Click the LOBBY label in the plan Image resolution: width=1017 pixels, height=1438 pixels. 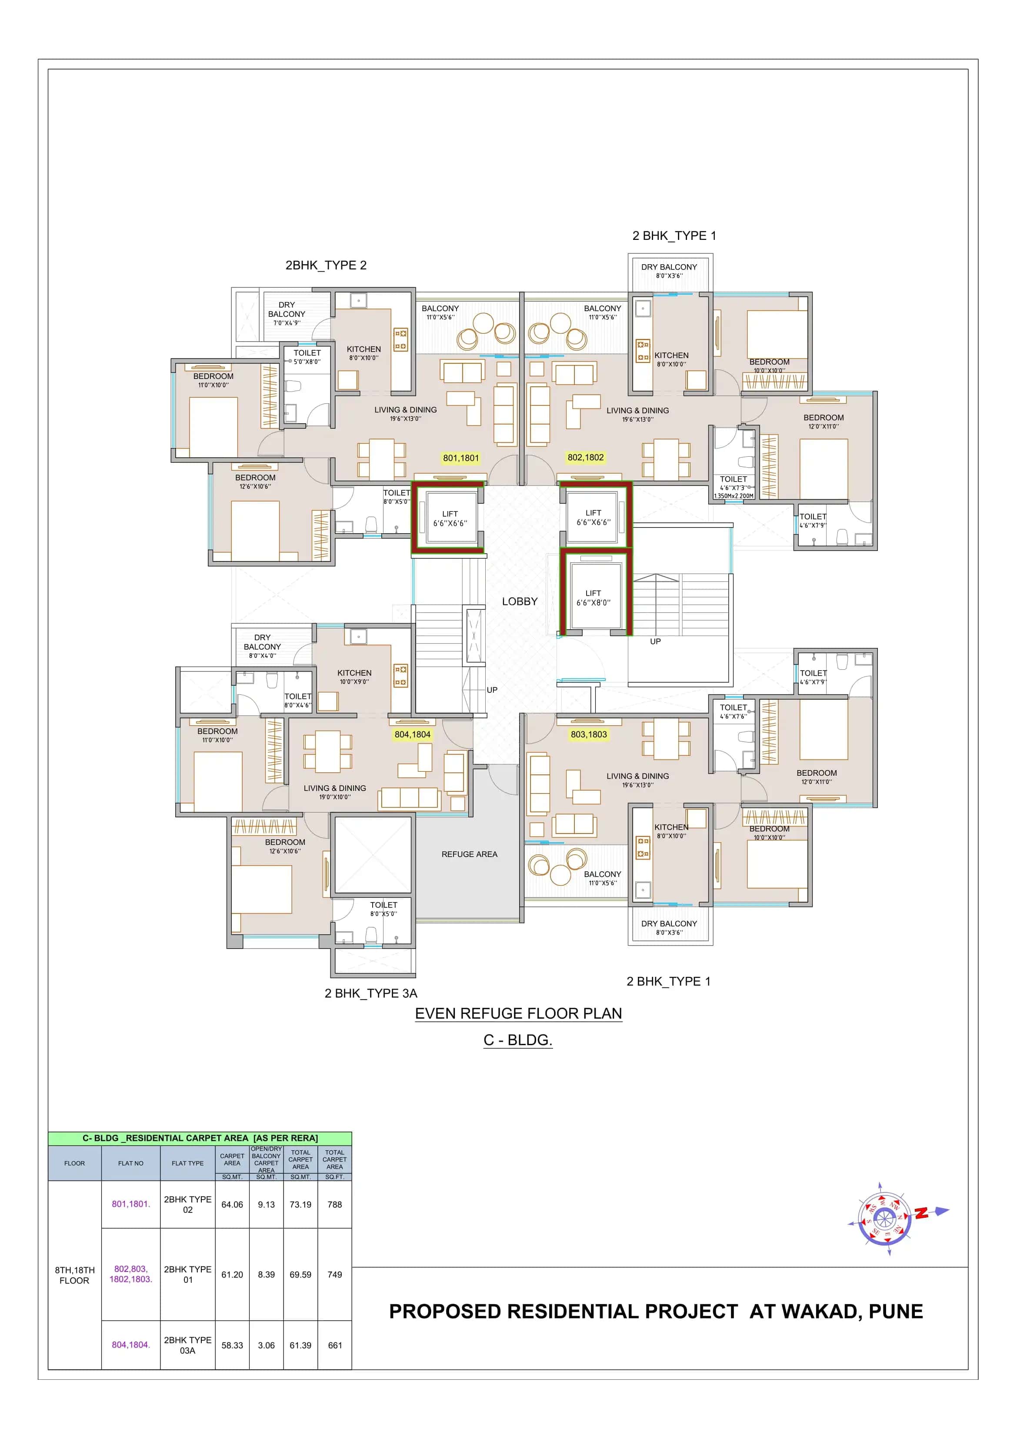pyautogui.click(x=520, y=601)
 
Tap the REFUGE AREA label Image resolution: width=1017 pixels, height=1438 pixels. pyautogui.click(x=469, y=854)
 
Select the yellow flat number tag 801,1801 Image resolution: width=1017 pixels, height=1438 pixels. pyautogui.click(x=460, y=458)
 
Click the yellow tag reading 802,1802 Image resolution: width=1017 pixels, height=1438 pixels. pyautogui.click(x=585, y=457)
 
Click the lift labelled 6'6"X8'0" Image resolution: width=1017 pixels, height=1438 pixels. pyautogui.click(x=593, y=598)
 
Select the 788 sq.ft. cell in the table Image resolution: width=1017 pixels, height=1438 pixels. pyautogui.click(x=335, y=1204)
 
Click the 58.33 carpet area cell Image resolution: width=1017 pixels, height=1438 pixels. pyautogui.click(x=232, y=1345)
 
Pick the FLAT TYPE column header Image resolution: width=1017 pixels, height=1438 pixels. pyautogui.click(x=187, y=1163)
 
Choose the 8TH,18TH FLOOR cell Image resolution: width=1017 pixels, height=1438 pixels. pyautogui.click(x=74, y=1275)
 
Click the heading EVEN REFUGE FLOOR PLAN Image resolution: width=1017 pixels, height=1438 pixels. pyautogui.click(x=518, y=1013)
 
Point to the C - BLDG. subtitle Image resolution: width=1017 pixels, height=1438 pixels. pyautogui.click(x=517, y=1040)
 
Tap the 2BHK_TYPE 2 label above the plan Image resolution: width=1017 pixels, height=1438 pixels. pyautogui.click(x=326, y=265)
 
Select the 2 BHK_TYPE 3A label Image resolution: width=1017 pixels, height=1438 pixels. pyautogui.click(x=370, y=993)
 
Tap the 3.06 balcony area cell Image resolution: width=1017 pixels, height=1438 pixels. pyautogui.click(x=266, y=1345)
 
